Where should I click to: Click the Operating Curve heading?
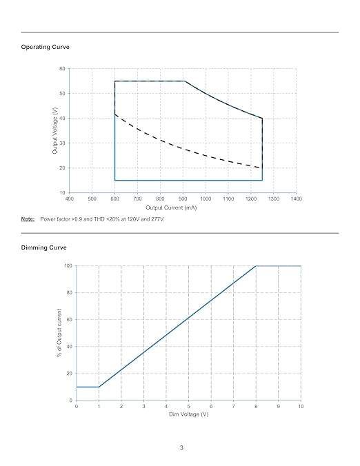click(46, 47)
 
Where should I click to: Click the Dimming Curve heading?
click(43, 247)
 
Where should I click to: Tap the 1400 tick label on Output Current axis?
click(296, 199)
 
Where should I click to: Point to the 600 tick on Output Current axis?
click(114, 199)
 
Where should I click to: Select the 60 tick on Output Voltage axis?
click(62, 69)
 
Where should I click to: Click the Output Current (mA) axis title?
click(171, 207)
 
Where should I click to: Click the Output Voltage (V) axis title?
click(54, 131)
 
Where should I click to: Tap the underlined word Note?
click(28, 219)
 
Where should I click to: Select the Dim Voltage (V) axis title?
click(189, 414)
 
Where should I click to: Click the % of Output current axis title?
click(59, 333)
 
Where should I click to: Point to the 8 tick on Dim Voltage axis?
click(256, 406)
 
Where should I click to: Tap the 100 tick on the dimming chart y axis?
click(68, 265)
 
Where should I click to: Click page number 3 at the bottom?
click(181, 447)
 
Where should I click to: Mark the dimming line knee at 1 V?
click(99, 387)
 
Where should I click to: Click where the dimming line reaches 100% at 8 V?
click(256, 266)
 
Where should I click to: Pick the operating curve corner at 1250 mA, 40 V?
click(262, 119)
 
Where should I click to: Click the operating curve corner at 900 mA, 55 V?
click(185, 81)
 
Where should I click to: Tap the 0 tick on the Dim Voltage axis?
click(77, 406)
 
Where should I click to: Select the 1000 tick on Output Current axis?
click(206, 199)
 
